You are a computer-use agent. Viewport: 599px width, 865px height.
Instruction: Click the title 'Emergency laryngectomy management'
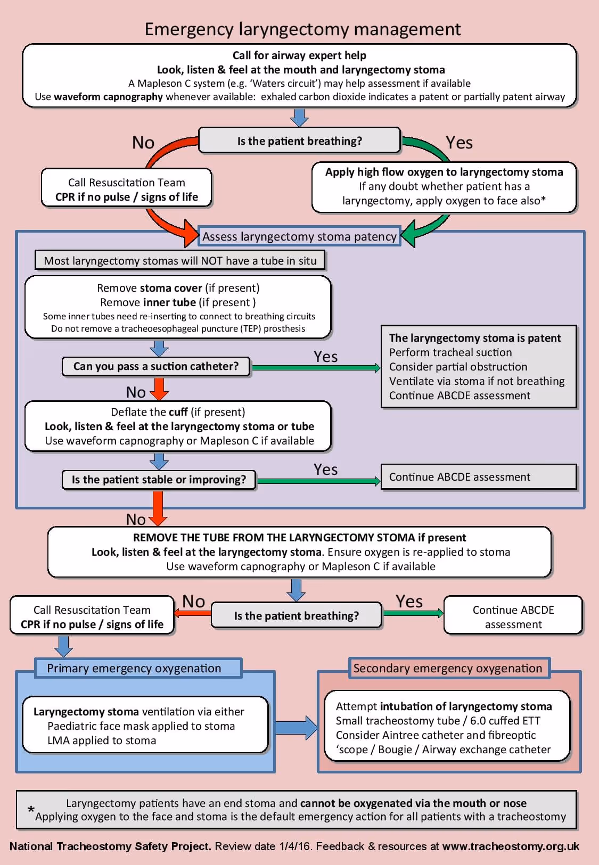pos(302,29)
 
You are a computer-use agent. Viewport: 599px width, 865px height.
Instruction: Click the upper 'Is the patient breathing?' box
pos(299,141)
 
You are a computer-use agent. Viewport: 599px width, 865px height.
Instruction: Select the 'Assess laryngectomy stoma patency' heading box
pos(299,236)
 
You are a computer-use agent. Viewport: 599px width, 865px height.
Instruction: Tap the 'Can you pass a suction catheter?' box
pos(156,366)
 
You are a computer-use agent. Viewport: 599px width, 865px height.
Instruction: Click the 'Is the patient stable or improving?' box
pos(159,480)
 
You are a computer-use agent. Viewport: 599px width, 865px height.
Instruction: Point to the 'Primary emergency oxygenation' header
pos(134,668)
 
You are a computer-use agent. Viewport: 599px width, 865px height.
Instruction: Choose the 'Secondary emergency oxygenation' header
pos(448,668)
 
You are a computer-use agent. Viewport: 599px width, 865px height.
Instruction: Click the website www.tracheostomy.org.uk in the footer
pos(511,846)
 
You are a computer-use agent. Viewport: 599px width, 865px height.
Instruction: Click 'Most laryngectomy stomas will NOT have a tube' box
pos(180,261)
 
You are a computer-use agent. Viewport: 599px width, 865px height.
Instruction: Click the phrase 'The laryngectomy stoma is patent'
pos(475,338)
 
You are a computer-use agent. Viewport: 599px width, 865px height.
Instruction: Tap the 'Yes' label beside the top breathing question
pos(459,143)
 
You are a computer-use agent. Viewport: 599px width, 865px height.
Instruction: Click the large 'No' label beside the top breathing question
pos(143,143)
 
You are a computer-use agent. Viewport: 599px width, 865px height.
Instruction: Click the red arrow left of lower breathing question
pos(193,613)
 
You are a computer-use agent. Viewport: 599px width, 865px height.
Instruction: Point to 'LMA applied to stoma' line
pos(102,740)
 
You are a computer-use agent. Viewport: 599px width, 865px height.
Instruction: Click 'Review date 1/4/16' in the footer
pos(263,846)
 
